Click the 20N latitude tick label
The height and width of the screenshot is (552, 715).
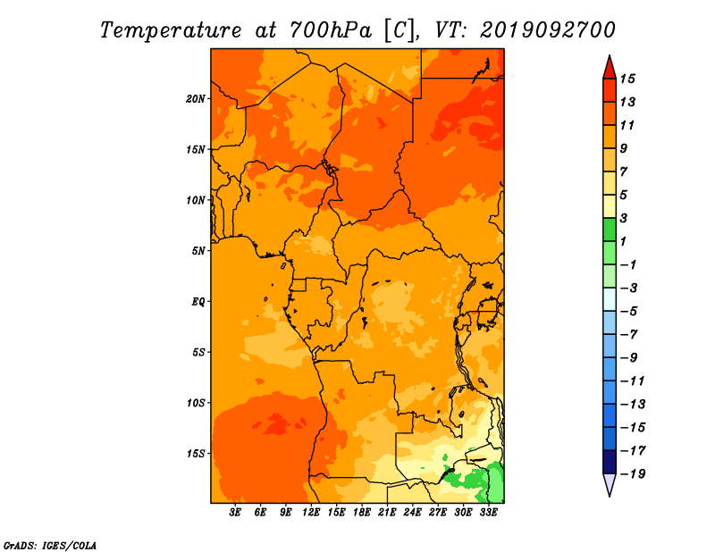[196, 99]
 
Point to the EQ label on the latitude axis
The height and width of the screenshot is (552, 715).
[198, 302]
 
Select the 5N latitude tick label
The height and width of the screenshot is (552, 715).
[198, 251]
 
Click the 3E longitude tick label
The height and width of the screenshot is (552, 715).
[235, 513]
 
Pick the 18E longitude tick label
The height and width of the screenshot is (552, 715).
[362, 513]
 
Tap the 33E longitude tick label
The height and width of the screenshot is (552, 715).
[488, 513]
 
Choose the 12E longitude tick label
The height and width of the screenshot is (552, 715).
[311, 513]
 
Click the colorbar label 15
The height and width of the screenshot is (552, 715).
[627, 79]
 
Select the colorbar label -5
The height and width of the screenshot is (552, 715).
[629, 312]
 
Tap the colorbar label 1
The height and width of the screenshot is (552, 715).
[623, 241]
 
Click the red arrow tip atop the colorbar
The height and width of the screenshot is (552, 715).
[610, 56]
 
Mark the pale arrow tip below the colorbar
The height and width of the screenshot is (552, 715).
[610, 496]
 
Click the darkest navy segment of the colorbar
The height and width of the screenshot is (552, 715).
[610, 462]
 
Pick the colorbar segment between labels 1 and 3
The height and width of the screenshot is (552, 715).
[610, 230]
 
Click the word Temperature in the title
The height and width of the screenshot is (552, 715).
[171, 30]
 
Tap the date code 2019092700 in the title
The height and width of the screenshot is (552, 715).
[548, 30]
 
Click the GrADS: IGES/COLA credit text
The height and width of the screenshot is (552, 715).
[50, 546]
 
